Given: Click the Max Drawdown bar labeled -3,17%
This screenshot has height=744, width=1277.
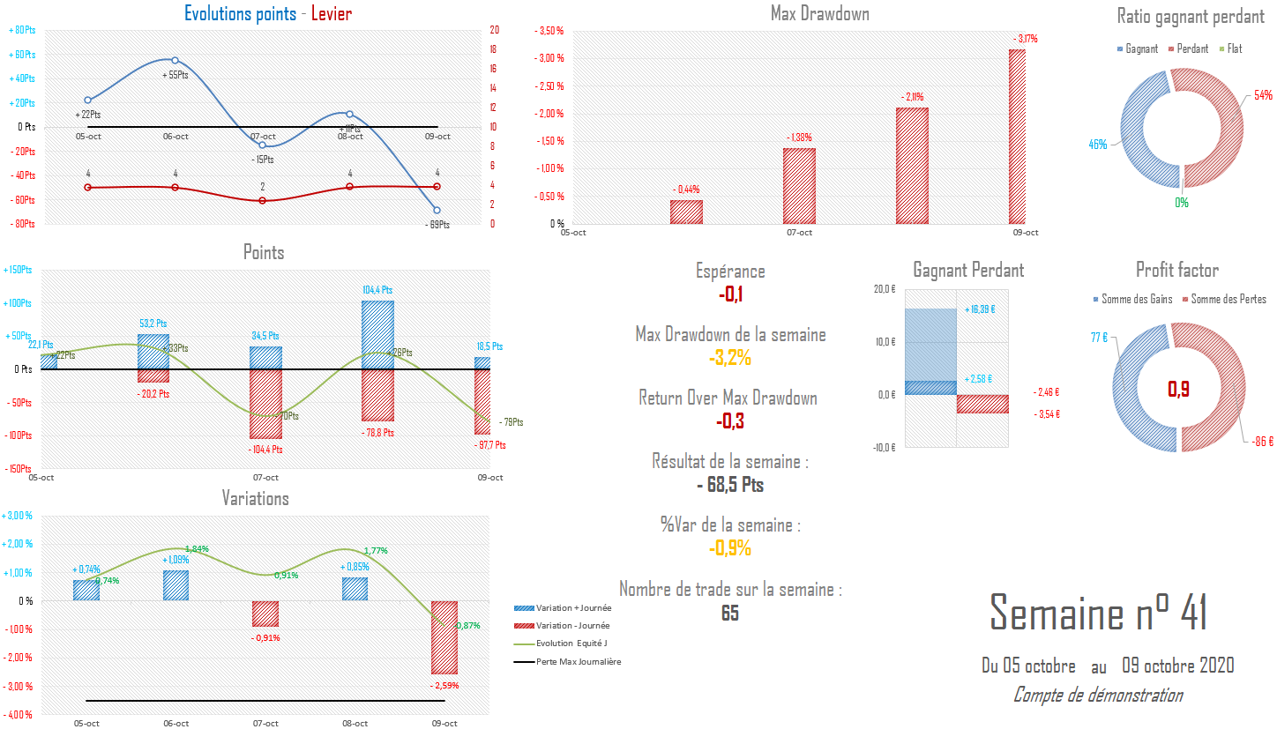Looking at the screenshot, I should [1017, 137].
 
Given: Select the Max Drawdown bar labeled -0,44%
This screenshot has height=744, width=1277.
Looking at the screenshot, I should [686, 212].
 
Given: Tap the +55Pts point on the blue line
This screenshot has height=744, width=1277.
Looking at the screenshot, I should [175, 61].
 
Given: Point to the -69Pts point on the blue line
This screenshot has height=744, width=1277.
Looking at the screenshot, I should [437, 210].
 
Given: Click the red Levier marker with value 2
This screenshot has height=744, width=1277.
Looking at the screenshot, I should [262, 201].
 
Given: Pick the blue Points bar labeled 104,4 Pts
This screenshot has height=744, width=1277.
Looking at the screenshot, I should [377, 335].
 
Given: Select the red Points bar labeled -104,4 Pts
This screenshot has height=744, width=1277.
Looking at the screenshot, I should [265, 404].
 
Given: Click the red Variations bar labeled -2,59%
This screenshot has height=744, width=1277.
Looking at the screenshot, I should [444, 637].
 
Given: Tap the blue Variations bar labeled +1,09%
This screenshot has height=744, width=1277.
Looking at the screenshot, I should [175, 586].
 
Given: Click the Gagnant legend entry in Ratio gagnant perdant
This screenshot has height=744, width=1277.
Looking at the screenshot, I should [1138, 49].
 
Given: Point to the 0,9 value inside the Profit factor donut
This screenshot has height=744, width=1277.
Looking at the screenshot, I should [1178, 389].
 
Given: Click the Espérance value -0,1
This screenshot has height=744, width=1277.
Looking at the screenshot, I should [730, 294].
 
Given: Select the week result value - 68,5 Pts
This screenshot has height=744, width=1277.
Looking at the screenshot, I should [730, 485].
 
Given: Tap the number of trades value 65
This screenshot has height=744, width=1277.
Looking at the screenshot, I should [730, 614].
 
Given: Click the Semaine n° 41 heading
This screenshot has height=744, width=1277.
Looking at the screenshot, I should [1098, 613].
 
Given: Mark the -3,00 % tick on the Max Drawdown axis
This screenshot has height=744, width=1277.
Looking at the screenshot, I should [549, 58].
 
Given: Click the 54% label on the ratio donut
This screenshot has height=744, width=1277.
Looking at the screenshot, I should [1263, 95].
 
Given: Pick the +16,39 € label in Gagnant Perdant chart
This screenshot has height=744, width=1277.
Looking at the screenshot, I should [980, 309].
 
